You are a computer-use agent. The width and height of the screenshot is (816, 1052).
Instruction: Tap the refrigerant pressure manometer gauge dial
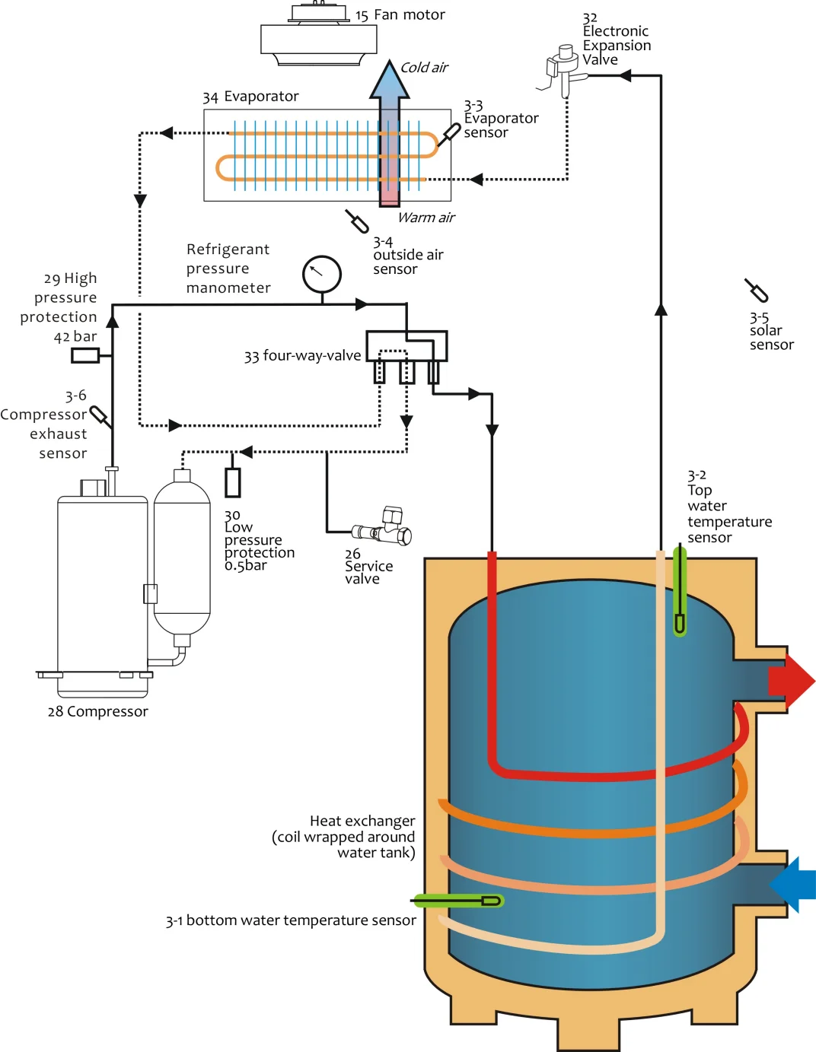pyautogui.click(x=322, y=275)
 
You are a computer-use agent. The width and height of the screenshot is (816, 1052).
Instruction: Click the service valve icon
pyautogui.click(x=384, y=528)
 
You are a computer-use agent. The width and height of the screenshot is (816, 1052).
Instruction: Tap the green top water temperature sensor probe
pyautogui.click(x=680, y=593)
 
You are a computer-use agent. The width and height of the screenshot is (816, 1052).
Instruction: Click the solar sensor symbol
pyautogui.click(x=757, y=290)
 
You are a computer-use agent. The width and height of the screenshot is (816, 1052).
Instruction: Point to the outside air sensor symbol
pyautogui.click(x=357, y=221)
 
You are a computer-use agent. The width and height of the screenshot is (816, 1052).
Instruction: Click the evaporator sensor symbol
pyautogui.click(x=450, y=134)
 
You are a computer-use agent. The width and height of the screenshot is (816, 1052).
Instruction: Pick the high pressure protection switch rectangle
pyautogui.click(x=85, y=355)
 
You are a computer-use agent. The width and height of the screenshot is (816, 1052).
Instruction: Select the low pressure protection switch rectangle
pyautogui.click(x=233, y=482)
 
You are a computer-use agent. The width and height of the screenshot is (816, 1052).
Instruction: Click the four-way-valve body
pyautogui.click(x=406, y=346)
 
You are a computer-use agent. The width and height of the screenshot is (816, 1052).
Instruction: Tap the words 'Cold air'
pyautogui.click(x=424, y=68)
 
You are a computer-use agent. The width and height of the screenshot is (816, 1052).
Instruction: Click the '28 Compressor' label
pyautogui.click(x=97, y=711)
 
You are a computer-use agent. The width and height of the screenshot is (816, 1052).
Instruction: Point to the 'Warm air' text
pyautogui.click(x=426, y=218)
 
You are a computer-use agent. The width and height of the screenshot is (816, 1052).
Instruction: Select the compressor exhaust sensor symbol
pyautogui.click(x=100, y=416)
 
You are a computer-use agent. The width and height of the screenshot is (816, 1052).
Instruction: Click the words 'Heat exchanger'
pyautogui.click(x=362, y=821)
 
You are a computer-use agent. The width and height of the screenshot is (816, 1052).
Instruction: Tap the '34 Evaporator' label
pyautogui.click(x=250, y=97)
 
